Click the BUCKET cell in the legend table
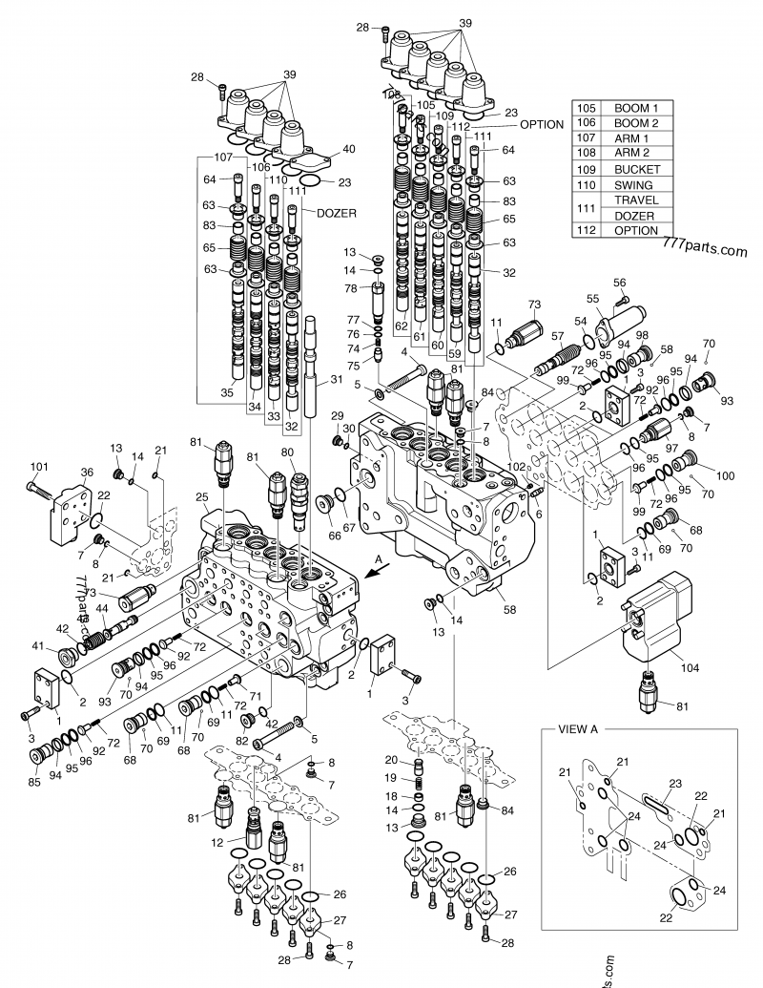[x=636, y=169]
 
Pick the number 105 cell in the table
[x=586, y=108]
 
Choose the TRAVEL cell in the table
[x=636, y=200]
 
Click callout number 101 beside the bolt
[x=39, y=466]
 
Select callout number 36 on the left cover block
[x=87, y=472]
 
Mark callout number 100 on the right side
[x=725, y=474]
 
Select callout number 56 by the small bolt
[x=620, y=282]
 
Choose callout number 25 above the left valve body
[x=202, y=497]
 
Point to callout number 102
[x=517, y=467]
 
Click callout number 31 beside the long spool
[x=336, y=380]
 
